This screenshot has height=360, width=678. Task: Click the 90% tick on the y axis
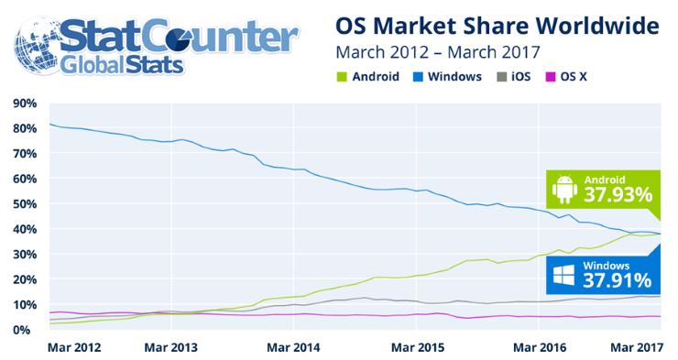tap(25, 103)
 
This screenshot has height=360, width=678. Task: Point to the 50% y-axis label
tap(25, 203)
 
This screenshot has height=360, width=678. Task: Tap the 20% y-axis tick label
tap(25, 279)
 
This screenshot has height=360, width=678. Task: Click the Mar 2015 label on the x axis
tap(417, 349)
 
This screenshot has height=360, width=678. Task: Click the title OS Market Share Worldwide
tap(497, 24)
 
